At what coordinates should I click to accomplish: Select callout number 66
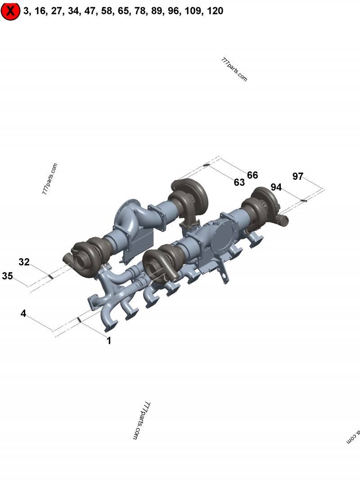point(252,175)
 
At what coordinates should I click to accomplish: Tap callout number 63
point(239,182)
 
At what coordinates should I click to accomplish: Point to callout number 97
point(298,176)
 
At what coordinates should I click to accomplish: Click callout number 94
point(276,187)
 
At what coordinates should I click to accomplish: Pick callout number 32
point(24,262)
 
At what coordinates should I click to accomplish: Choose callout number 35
point(8,276)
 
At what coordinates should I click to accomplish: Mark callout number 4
point(23,314)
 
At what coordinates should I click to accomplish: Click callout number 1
point(108,341)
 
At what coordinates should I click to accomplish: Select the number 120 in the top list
point(216,11)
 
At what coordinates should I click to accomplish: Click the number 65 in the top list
point(123,11)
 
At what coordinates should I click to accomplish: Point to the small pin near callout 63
point(207,165)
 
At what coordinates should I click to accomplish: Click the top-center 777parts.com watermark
point(234,69)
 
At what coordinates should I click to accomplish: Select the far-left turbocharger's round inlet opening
point(84,260)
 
